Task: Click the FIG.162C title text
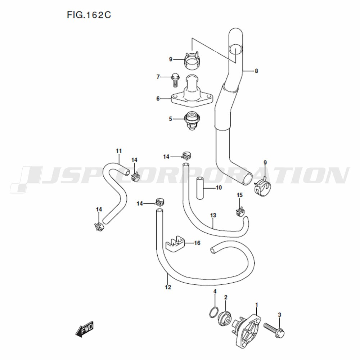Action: pyautogui.click(x=89, y=15)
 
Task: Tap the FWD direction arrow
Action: pyautogui.click(x=84, y=329)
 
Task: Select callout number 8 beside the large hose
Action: pyautogui.click(x=256, y=71)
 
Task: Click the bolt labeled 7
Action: pyautogui.click(x=175, y=80)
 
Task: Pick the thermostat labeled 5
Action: pyautogui.click(x=191, y=121)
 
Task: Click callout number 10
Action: pyautogui.click(x=219, y=188)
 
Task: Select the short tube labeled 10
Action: pyautogui.click(x=200, y=188)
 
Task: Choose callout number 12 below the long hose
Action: pyautogui.click(x=168, y=287)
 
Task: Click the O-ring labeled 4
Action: pyautogui.click(x=213, y=312)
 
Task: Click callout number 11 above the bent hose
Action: pyautogui.click(x=119, y=151)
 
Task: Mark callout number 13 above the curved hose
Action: pyautogui.click(x=213, y=215)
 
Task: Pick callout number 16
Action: pyautogui.click(x=197, y=243)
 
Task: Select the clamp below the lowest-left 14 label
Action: pyautogui.click(x=99, y=227)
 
